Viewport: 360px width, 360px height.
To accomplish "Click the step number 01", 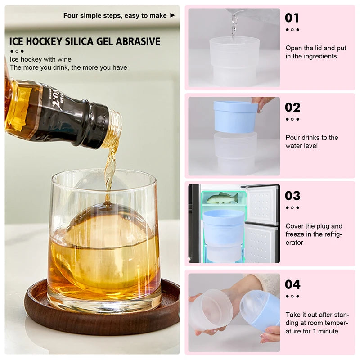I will click(292, 18).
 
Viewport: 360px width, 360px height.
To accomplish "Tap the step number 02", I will click(292, 107).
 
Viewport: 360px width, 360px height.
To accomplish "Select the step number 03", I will click(292, 196).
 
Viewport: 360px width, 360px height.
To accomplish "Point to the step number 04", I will click(292, 284).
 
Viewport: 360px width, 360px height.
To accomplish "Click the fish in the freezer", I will click(222, 198).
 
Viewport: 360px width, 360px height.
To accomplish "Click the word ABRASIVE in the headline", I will click(138, 42).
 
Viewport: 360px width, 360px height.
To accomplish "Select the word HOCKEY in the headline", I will click(45, 42).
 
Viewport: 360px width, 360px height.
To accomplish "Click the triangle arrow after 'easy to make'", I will click(172, 15).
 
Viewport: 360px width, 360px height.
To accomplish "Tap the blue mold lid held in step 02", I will click(235, 117).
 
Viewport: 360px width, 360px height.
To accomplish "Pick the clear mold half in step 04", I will click(211, 310).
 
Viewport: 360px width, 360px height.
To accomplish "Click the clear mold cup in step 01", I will click(234, 61).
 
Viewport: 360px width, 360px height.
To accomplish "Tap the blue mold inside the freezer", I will click(224, 227).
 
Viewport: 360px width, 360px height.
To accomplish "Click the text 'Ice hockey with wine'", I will click(40, 59).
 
